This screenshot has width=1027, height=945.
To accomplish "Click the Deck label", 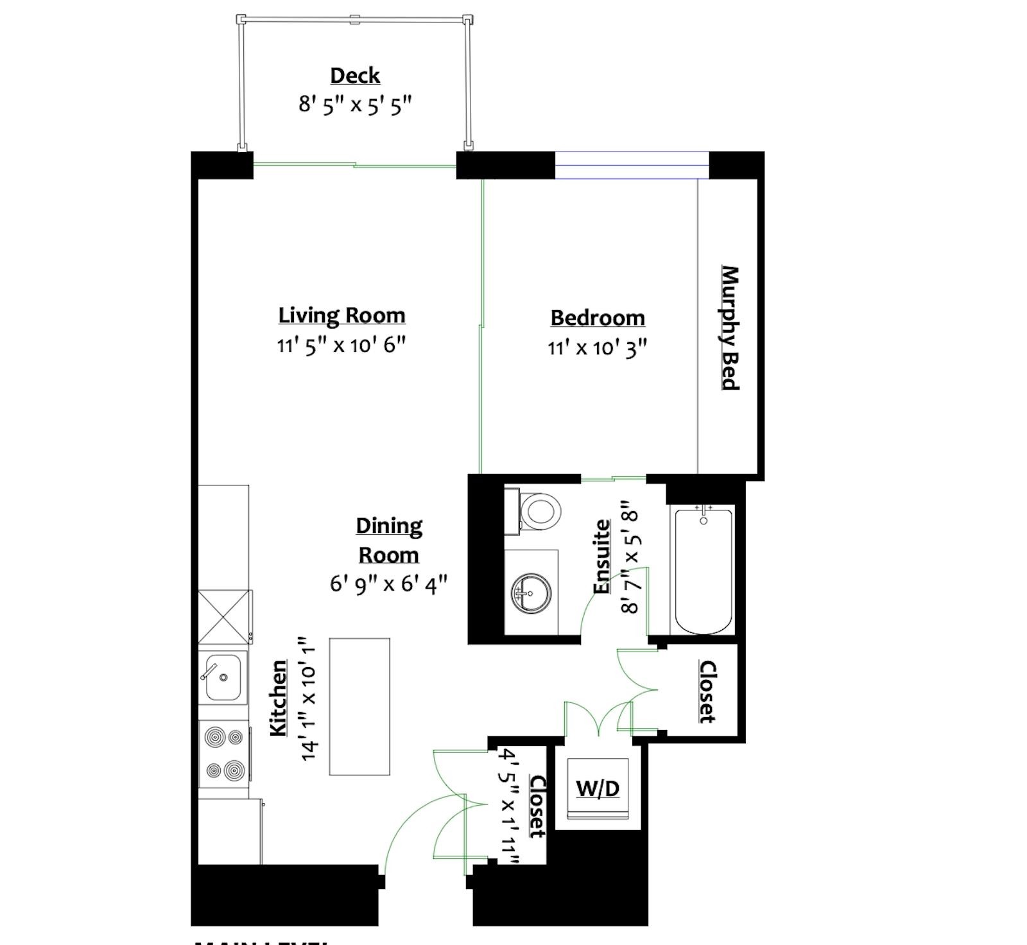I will pos(355,76).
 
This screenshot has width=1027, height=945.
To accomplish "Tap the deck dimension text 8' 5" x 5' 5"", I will pos(354,104).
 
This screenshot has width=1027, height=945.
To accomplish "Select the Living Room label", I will pos(341,315).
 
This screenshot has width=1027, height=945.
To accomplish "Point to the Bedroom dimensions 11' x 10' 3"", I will pos(597,348).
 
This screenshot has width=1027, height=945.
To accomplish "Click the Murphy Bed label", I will pos(730,327).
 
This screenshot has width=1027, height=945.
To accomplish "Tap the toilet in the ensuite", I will pos(538,512).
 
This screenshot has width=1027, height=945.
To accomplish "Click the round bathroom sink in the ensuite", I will pos(531,591).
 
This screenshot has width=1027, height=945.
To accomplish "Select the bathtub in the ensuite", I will pos(703,570).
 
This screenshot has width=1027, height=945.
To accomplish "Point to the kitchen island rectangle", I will pos(359,706).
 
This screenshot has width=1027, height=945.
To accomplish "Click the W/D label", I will pos(598,788).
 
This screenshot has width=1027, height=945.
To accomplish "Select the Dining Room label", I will pos(389,540).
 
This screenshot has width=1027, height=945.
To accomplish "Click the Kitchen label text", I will pos(278,698).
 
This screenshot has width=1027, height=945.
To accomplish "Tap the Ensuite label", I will pos(601,557).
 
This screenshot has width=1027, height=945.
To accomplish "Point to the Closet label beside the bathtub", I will pos(707,691).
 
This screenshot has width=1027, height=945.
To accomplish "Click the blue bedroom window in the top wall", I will pos(632,165).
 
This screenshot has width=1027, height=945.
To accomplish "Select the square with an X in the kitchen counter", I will pos(224,616).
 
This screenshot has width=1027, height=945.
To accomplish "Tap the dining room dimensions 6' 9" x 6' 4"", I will pos(388,584).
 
